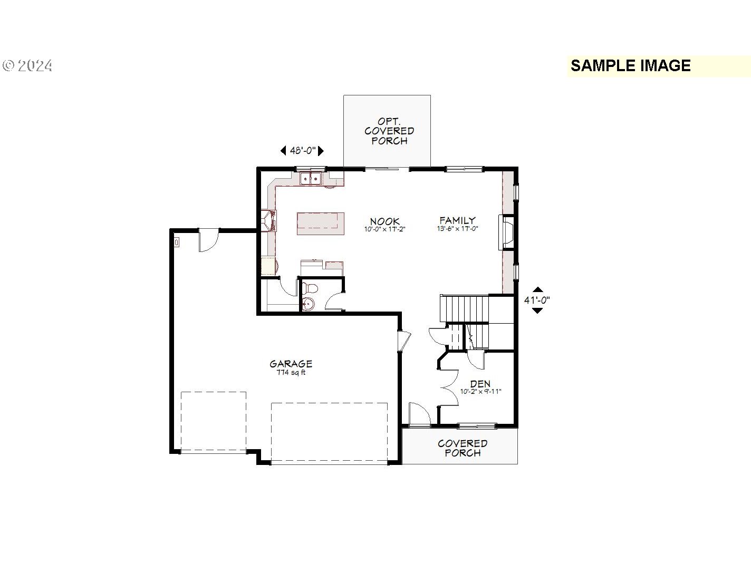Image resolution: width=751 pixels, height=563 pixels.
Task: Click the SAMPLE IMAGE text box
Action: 658,66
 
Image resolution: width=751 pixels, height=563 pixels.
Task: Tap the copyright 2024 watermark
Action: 27,65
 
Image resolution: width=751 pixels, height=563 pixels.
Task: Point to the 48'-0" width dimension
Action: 302,150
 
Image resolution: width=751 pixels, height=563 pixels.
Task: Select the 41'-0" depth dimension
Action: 537,300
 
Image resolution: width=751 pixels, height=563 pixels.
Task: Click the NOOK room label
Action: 384,221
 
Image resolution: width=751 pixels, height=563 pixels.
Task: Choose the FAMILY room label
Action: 457,220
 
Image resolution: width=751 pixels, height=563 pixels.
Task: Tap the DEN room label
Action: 480,384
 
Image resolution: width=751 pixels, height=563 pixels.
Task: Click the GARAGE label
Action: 291,363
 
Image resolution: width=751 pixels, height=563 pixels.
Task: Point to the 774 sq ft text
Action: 291,372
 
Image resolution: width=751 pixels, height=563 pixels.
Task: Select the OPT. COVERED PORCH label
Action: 389,131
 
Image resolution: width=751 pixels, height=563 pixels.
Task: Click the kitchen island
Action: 320,224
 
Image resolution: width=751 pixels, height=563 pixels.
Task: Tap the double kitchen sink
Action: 311,178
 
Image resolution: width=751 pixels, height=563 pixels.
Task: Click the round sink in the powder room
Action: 309,303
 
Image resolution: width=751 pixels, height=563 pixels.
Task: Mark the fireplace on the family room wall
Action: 506,232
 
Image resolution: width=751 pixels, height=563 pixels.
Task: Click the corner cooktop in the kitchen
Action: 268,221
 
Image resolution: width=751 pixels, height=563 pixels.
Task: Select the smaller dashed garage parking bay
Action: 214,422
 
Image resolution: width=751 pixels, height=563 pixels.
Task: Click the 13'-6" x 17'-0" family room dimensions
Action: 457,229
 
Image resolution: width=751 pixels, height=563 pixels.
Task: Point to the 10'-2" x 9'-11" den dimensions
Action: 480,392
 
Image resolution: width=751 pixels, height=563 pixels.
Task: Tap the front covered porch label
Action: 463,448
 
